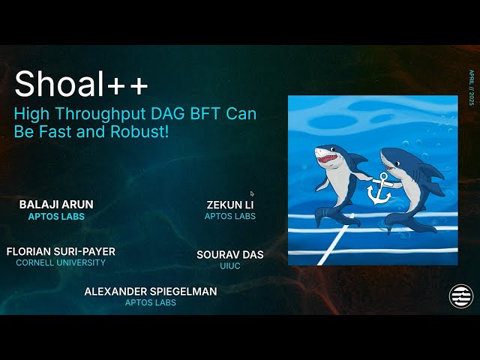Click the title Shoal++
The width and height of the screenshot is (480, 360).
(81, 84)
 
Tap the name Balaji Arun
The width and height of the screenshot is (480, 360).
(56, 204)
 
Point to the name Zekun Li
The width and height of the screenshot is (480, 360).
(230, 204)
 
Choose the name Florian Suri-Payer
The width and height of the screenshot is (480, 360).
(61, 251)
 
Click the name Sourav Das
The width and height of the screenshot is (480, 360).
(230, 254)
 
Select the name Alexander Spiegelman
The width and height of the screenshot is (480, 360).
(151, 291)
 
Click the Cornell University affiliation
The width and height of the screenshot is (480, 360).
(61, 262)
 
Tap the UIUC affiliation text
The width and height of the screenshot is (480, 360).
(230, 265)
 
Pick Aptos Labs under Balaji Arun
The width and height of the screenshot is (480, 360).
(56, 216)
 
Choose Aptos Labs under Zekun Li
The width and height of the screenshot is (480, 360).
(230, 216)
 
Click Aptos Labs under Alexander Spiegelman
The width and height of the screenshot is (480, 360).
(151, 302)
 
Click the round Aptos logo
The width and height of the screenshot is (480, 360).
(461, 295)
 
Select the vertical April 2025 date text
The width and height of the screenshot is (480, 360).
(471, 88)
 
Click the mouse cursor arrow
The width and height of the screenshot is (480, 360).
(252, 193)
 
